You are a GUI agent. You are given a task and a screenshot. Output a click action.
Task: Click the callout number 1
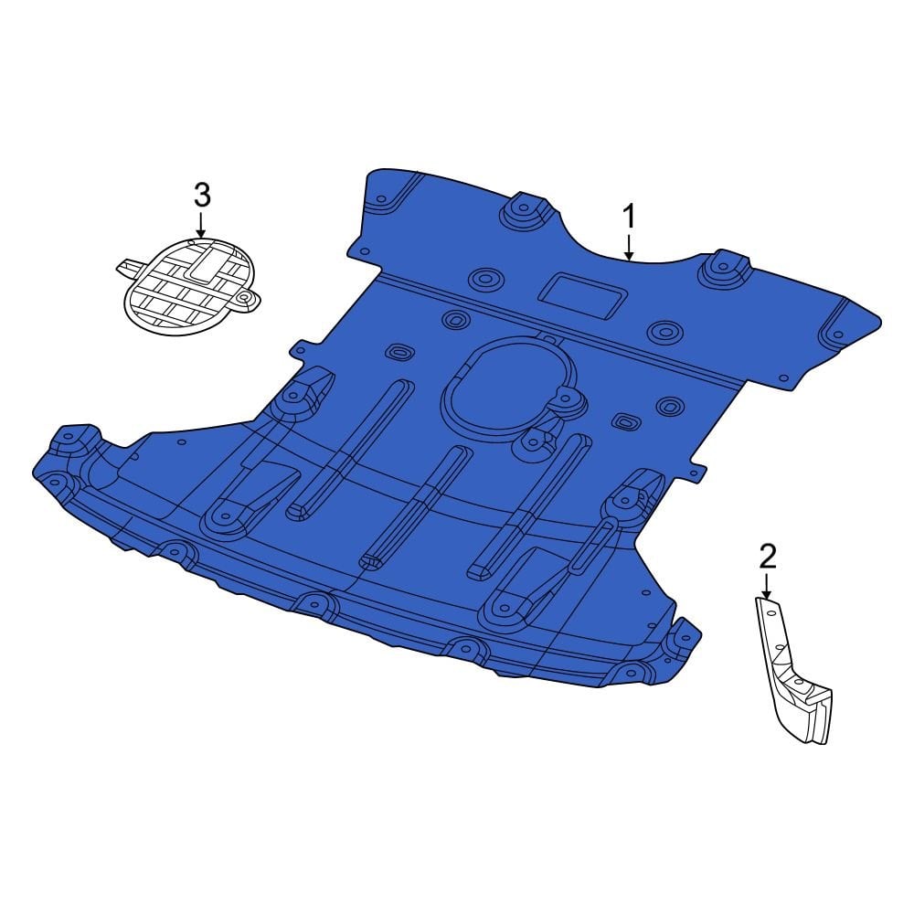629,218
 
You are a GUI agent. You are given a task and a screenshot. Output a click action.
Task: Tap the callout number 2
767,554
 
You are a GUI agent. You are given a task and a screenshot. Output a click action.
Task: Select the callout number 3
202,195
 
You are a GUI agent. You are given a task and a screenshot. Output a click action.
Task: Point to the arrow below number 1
629,247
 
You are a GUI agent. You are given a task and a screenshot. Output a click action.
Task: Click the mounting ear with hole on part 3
244,299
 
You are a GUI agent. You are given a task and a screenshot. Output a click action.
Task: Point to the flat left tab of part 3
129,267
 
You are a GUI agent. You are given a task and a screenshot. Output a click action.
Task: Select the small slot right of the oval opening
624,421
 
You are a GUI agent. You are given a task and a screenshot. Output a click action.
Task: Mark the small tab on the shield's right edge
696,471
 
